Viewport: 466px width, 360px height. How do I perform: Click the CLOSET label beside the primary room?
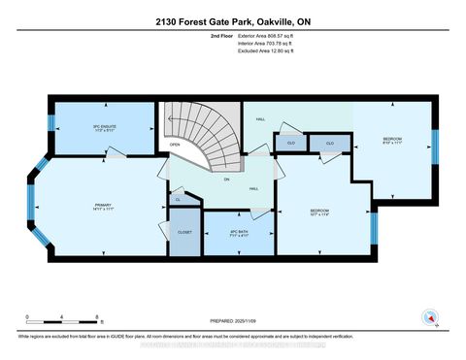pos(184,233)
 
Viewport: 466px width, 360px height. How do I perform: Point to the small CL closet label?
pos(178,199)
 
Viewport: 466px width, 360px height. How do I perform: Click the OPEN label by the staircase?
pos(175,146)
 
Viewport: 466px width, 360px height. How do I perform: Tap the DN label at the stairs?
pos(226,180)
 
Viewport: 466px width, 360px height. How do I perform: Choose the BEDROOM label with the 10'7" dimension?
pos(321,212)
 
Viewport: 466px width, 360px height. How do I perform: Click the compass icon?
pos(428,315)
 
